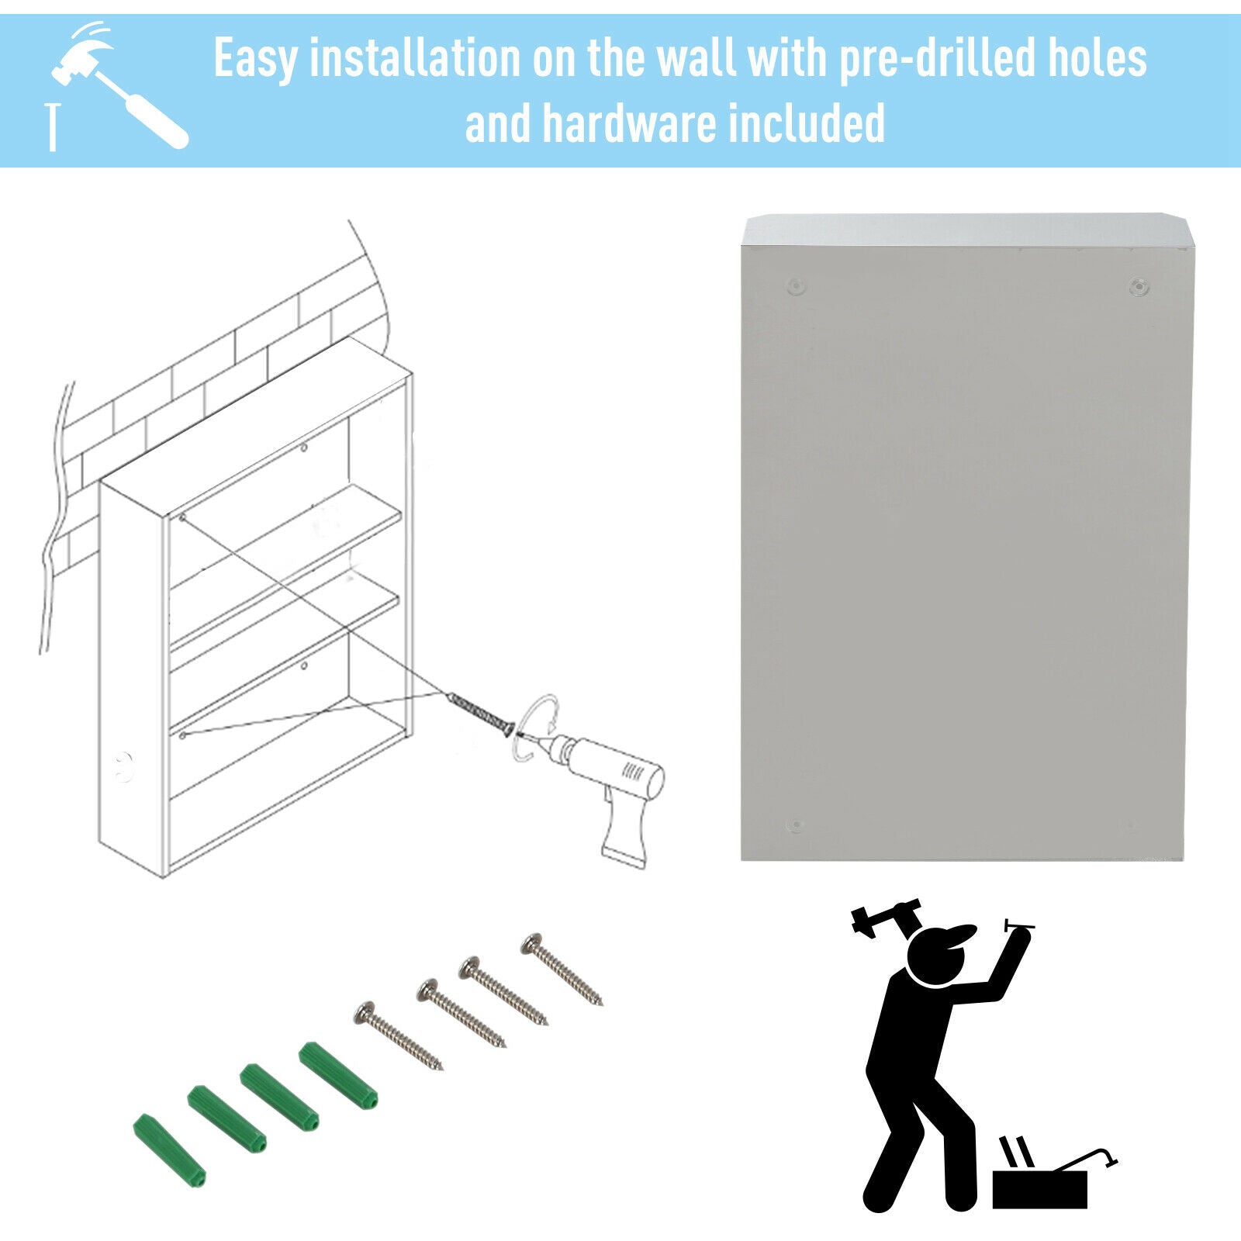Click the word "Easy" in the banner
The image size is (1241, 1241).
pyautogui.click(x=255, y=58)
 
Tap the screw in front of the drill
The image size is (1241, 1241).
pyautogui.click(x=481, y=713)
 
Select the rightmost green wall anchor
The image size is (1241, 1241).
pyautogui.click(x=338, y=1075)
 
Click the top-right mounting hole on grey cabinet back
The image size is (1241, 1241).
pyautogui.click(x=1138, y=286)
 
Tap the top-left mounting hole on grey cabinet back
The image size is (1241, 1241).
pyautogui.click(x=797, y=285)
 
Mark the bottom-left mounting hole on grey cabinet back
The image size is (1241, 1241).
pyautogui.click(x=795, y=824)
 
